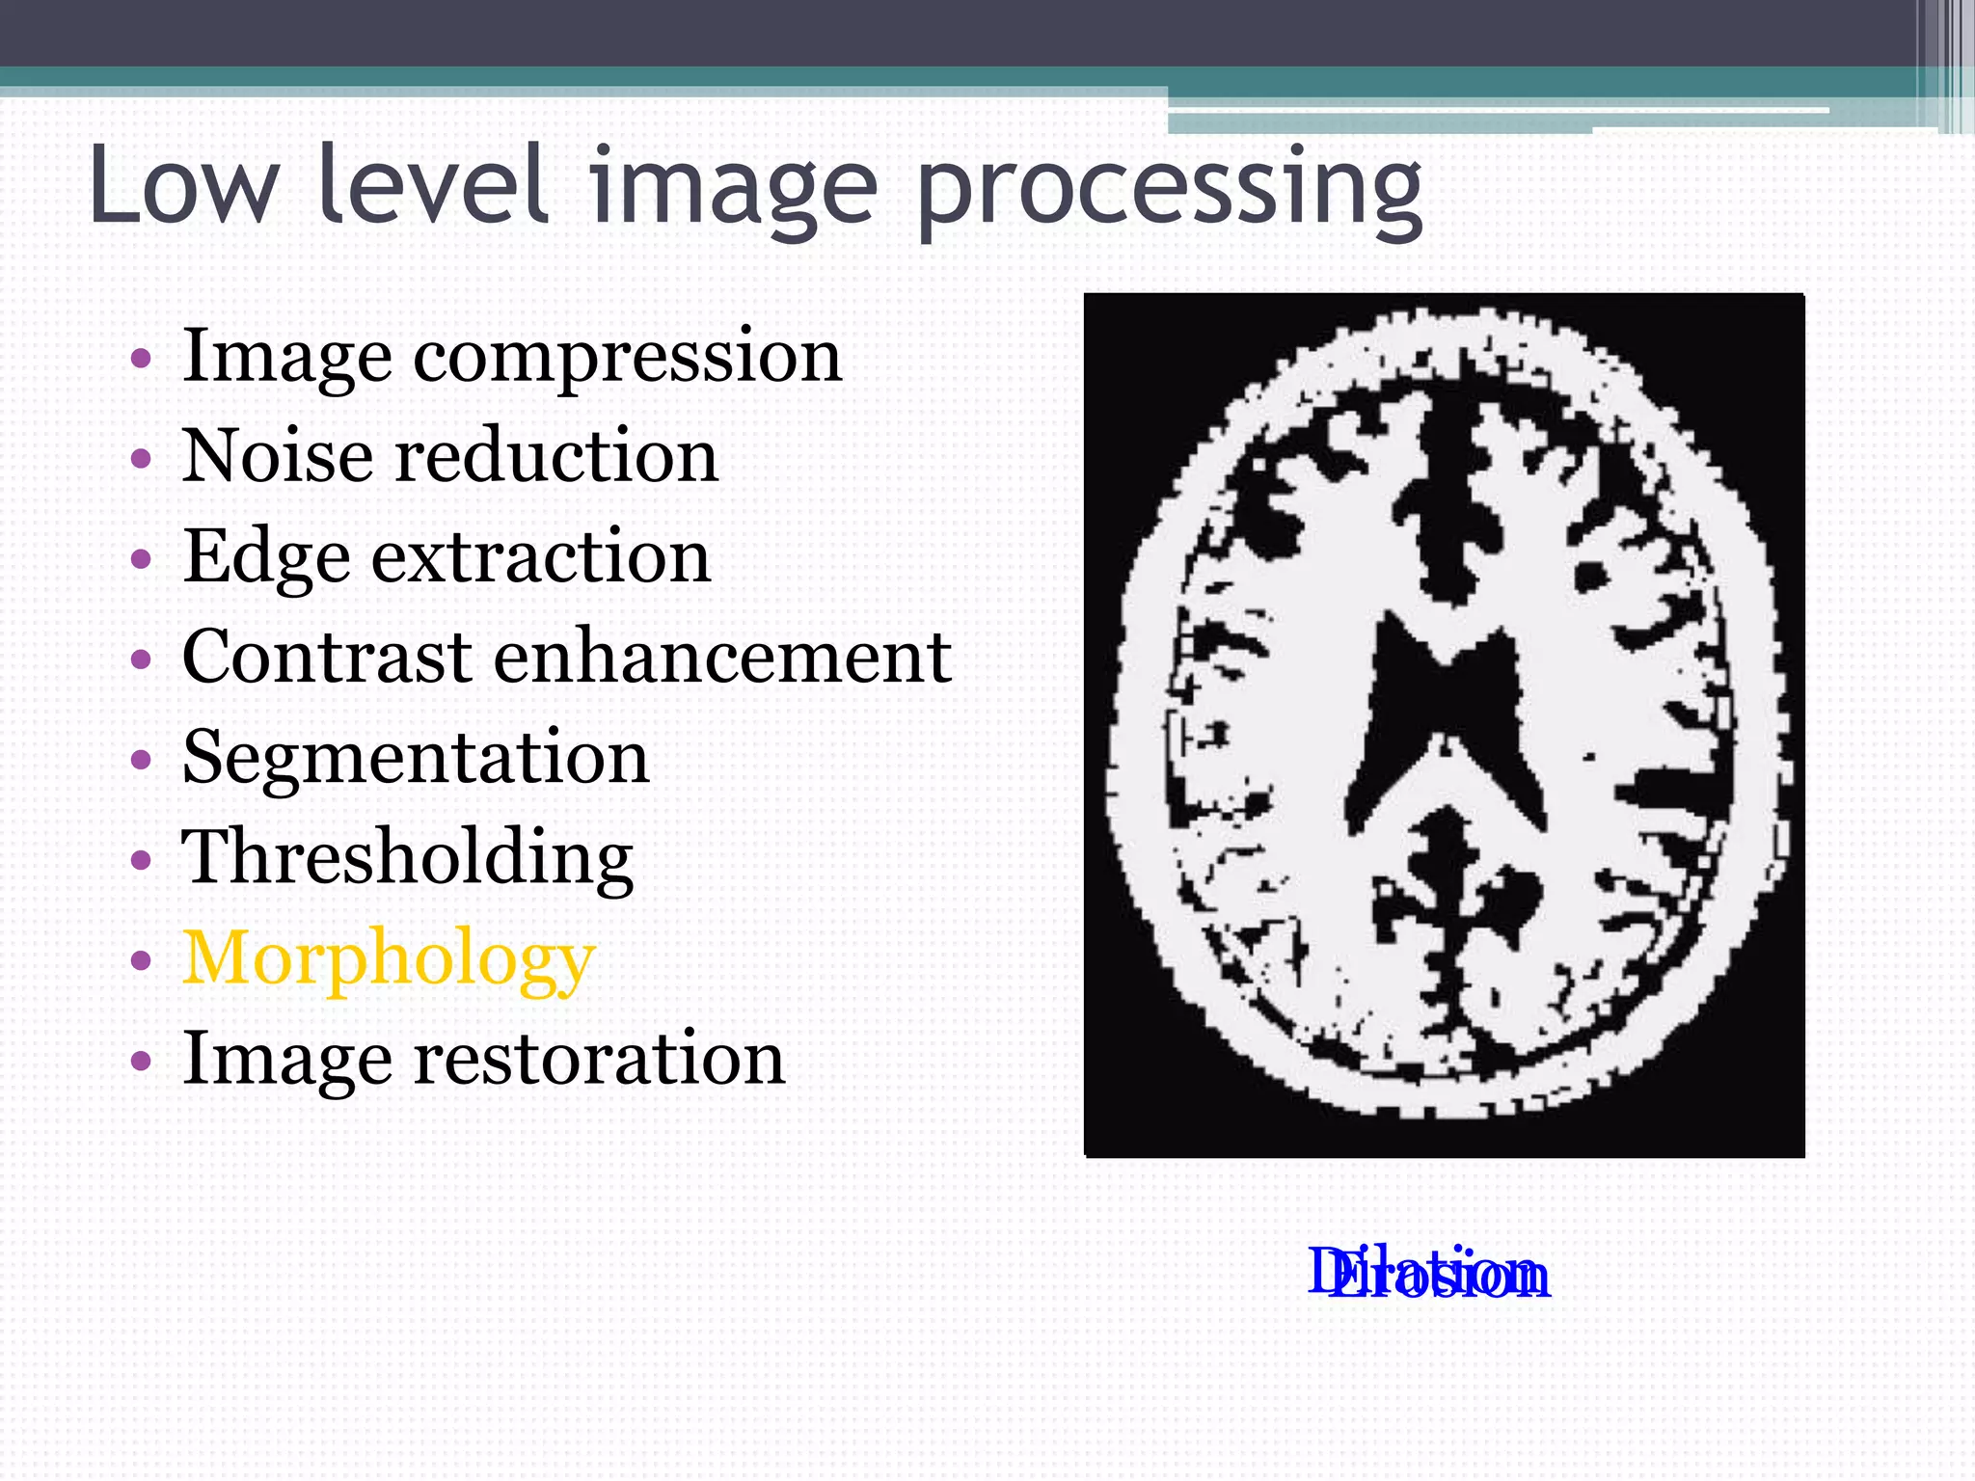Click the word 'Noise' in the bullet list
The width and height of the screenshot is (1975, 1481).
(x=278, y=455)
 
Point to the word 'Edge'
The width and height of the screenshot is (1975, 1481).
(x=265, y=558)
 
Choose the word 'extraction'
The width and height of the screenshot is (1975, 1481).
(x=541, y=557)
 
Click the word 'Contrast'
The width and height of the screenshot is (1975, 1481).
(x=327, y=657)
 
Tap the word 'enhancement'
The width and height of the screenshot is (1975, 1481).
(x=723, y=657)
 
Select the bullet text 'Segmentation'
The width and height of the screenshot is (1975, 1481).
(x=416, y=758)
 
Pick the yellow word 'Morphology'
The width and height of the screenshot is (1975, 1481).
(x=389, y=960)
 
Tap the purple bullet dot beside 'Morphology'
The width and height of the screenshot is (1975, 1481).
(x=141, y=960)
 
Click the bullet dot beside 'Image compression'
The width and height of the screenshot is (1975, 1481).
(x=141, y=359)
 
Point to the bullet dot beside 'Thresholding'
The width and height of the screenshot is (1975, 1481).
(x=141, y=858)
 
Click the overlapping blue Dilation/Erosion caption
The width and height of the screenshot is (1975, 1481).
(x=1428, y=1273)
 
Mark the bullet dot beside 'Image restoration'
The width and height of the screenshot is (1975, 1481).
(x=141, y=1061)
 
